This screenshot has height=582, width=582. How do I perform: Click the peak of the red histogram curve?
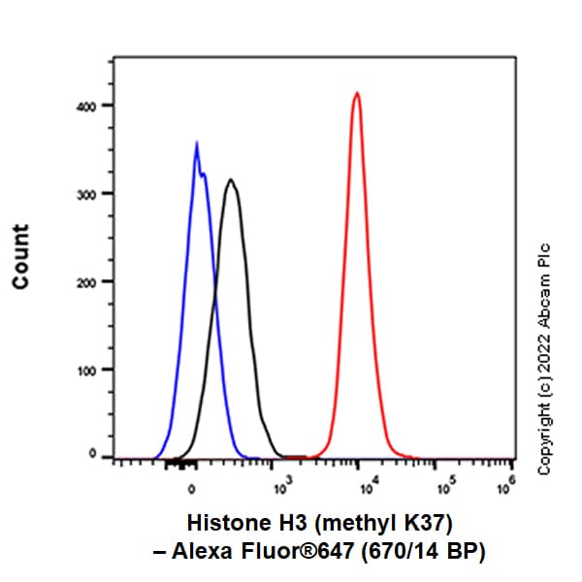coord(357,93)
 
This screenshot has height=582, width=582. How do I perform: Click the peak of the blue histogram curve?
coord(196,144)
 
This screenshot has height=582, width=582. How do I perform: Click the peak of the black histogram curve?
coord(230,179)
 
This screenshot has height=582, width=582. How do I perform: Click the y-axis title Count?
coord(21,256)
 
